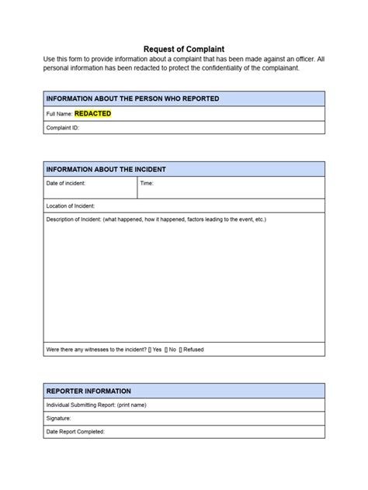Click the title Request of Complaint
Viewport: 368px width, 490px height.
(184, 48)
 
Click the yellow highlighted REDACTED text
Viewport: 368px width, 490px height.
(92, 113)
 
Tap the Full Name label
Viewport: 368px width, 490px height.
(59, 114)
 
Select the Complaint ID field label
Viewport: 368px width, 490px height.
(63, 128)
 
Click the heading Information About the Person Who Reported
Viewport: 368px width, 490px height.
(133, 98)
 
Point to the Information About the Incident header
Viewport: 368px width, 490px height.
(106, 169)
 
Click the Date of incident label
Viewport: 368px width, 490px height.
(66, 183)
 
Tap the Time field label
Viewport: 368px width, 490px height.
(147, 183)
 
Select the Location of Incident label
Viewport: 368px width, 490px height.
(71, 205)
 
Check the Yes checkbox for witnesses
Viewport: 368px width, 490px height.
(150, 350)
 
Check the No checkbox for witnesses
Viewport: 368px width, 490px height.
(166, 350)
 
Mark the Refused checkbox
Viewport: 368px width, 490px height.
(181, 350)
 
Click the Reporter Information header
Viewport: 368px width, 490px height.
(89, 391)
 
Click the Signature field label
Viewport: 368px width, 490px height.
(59, 419)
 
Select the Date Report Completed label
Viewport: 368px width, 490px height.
(75, 432)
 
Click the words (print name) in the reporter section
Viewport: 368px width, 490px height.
(132, 405)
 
